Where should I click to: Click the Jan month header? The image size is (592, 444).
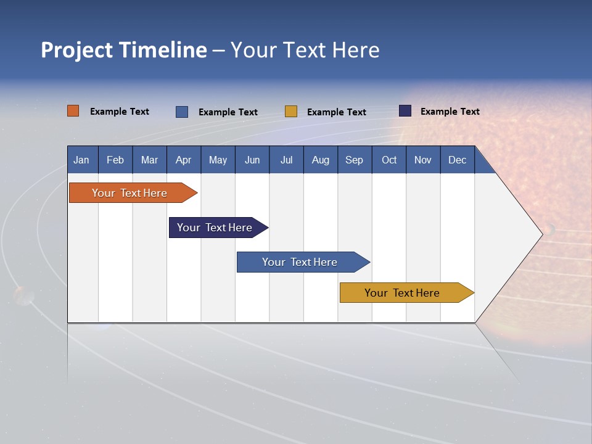click(x=81, y=160)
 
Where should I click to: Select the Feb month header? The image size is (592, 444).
click(x=115, y=160)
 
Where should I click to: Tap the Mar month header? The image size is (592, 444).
click(x=149, y=160)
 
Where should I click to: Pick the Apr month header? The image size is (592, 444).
click(x=184, y=160)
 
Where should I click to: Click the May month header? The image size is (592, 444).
click(x=218, y=160)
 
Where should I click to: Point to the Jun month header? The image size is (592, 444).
click(x=252, y=160)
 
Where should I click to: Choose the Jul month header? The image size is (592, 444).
click(x=286, y=160)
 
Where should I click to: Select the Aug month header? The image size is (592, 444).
click(x=321, y=160)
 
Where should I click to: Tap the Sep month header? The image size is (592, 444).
click(x=355, y=160)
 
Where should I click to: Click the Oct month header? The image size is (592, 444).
click(x=389, y=160)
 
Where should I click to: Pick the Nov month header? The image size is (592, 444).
click(x=423, y=160)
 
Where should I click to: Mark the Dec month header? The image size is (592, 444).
click(x=458, y=160)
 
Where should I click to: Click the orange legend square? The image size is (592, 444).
click(x=73, y=111)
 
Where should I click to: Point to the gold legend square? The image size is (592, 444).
click(x=291, y=112)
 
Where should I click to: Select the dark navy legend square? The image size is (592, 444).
click(x=405, y=111)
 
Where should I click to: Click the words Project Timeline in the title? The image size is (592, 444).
click(x=124, y=50)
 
